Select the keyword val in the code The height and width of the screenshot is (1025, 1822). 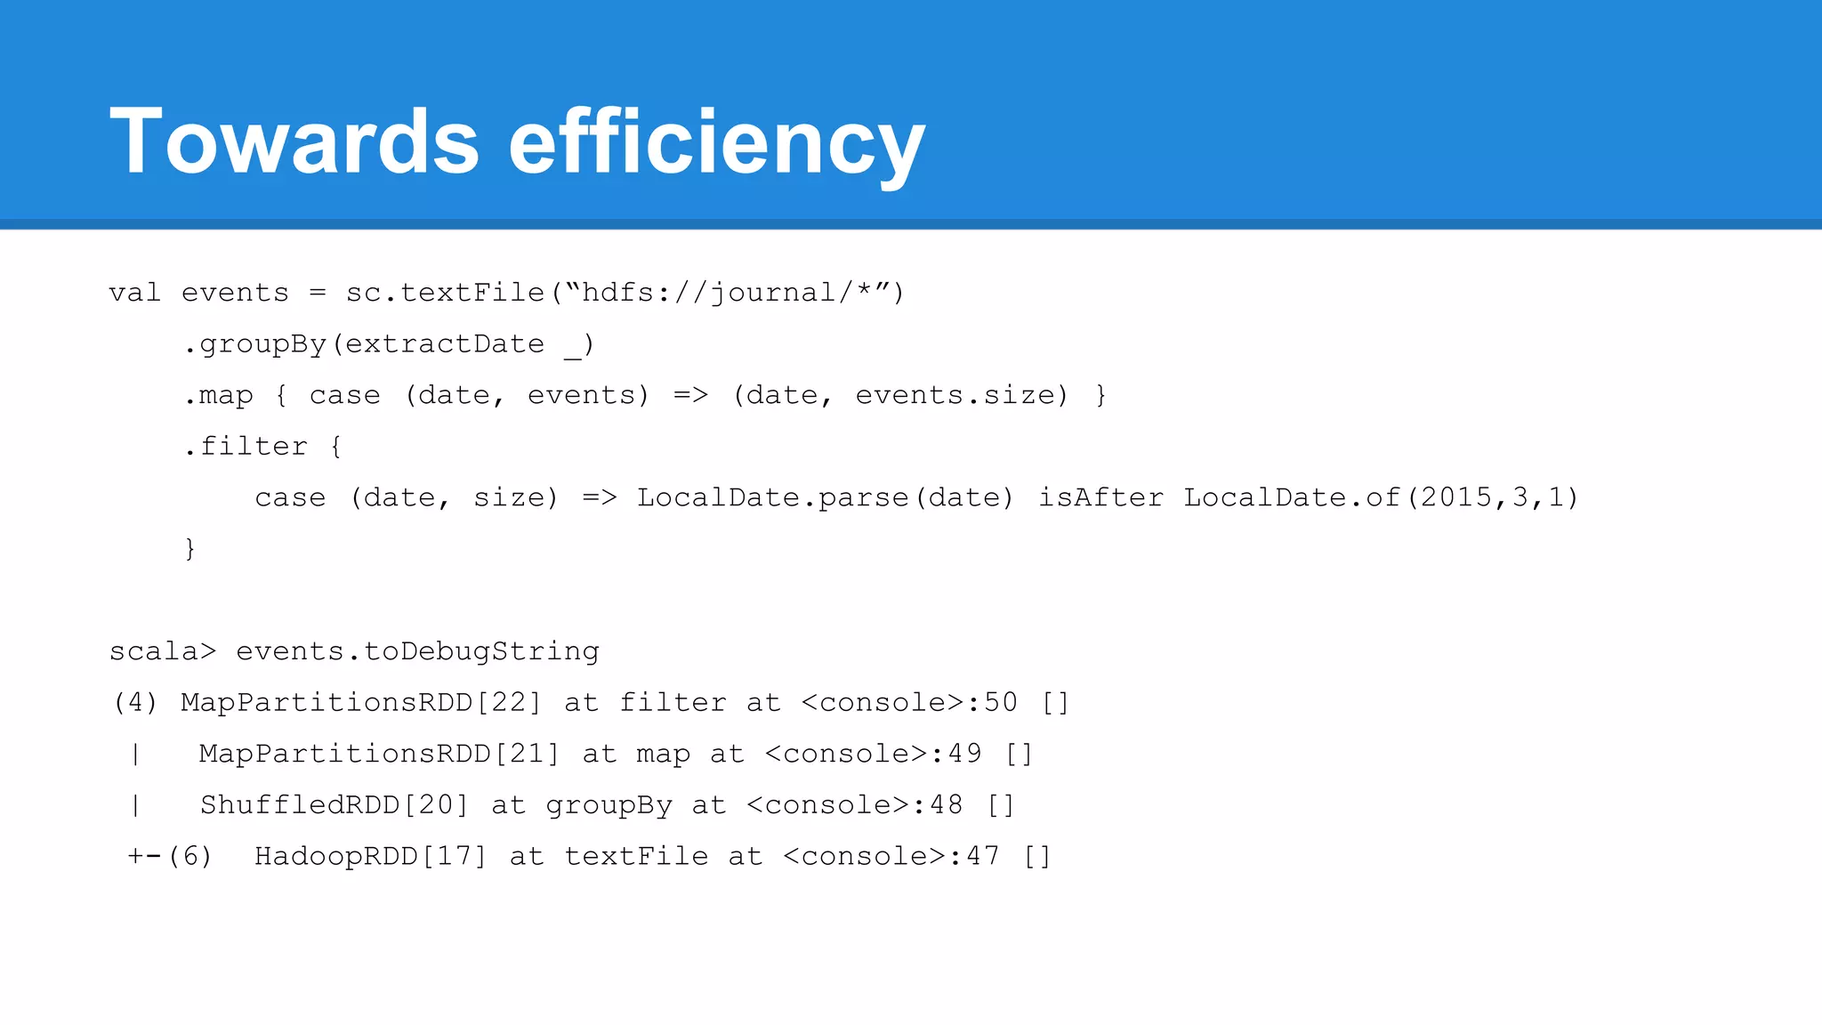[x=135, y=293]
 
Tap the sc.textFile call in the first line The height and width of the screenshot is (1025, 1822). [x=445, y=293]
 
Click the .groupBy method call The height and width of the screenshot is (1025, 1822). [x=255, y=344]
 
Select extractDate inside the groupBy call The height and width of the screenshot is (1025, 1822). [x=445, y=344]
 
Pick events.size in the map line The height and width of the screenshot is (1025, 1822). [x=961, y=395]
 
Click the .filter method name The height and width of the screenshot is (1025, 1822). [x=246, y=447]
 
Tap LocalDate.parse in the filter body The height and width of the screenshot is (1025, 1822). [x=773, y=497]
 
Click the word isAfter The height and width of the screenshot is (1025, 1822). [x=1101, y=497]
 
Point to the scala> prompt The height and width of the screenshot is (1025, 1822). [x=163, y=651]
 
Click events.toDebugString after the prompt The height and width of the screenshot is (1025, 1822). [x=417, y=651]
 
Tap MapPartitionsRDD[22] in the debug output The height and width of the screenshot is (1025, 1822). [x=361, y=703]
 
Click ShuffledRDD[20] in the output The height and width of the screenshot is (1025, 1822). [x=335, y=805]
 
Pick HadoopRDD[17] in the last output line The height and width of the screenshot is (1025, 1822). [x=371, y=857]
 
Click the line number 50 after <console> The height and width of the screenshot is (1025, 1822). [x=1001, y=703]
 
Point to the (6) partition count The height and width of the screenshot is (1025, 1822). [x=190, y=857]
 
